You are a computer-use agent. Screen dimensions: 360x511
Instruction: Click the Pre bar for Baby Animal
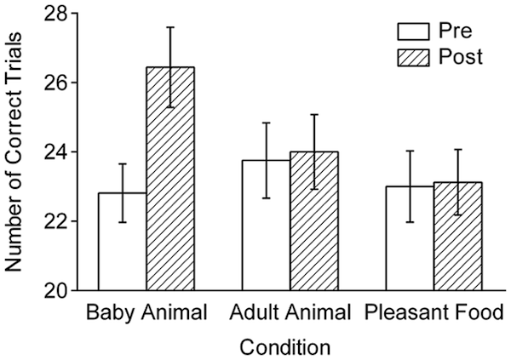click(123, 242)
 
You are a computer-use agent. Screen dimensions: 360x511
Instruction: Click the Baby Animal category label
click(146, 313)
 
